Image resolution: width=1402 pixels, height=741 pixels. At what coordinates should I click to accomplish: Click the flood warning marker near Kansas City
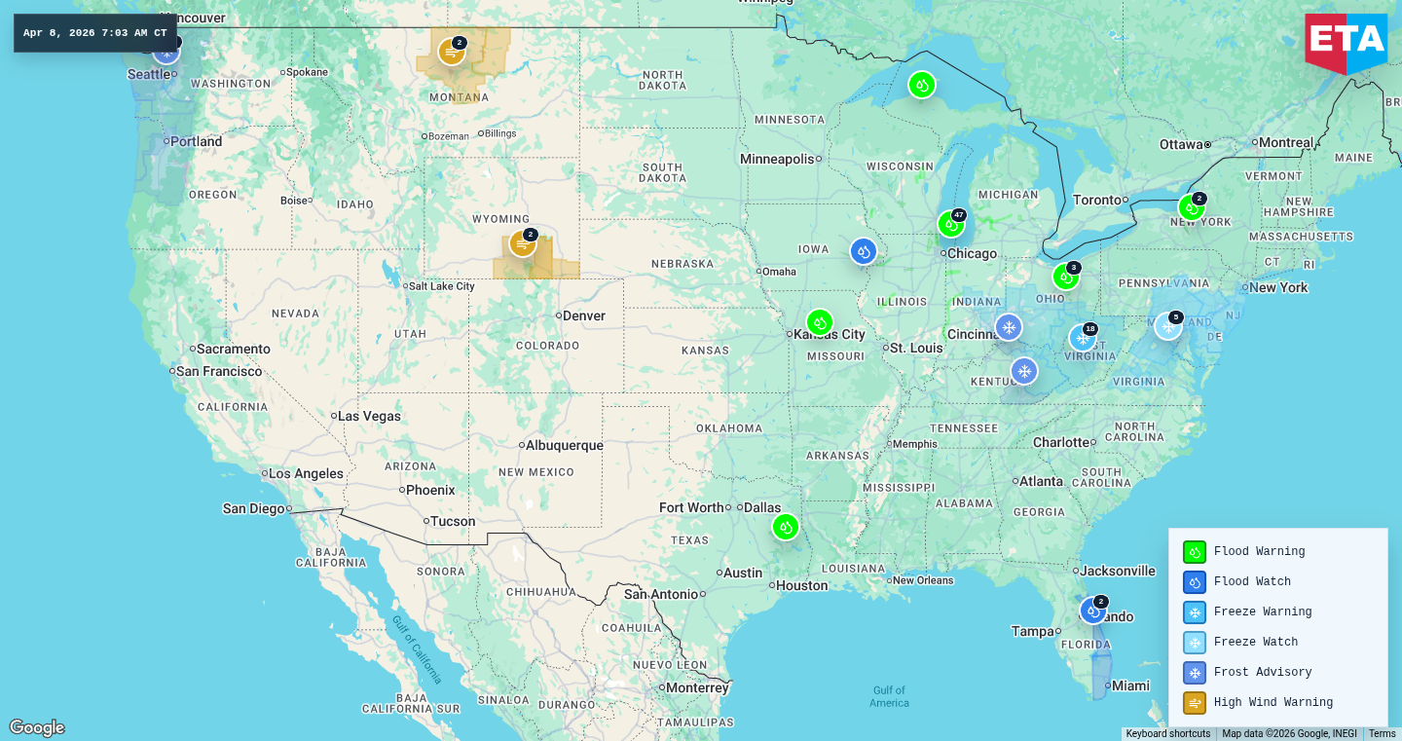(820, 322)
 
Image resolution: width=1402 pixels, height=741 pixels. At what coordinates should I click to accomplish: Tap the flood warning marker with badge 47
(950, 224)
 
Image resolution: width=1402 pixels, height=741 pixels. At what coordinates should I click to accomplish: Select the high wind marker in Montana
(451, 52)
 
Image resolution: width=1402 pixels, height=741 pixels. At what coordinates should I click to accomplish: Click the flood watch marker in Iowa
(863, 251)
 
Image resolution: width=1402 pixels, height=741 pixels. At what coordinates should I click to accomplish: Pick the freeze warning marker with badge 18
(1082, 338)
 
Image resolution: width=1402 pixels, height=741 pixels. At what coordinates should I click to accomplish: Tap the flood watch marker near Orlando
(1092, 611)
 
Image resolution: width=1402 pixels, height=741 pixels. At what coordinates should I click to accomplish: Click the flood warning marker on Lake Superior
(921, 85)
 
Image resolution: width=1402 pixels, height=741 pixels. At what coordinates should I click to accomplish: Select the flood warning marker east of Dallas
(785, 527)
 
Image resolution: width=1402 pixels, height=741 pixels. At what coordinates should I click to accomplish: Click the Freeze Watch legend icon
(1194, 643)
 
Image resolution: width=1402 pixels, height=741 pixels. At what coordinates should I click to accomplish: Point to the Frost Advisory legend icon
(1194, 673)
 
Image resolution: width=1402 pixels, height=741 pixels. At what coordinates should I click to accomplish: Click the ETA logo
(1346, 42)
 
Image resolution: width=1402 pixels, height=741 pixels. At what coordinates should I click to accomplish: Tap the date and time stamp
(95, 33)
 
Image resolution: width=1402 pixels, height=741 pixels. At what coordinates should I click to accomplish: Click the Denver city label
(584, 316)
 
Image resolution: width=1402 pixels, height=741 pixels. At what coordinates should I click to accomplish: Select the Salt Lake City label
(441, 286)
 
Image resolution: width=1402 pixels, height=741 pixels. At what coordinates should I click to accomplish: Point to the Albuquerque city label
(565, 446)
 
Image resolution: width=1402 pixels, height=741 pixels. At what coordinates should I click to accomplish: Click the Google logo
(37, 727)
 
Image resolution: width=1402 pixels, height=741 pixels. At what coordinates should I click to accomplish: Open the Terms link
(1382, 734)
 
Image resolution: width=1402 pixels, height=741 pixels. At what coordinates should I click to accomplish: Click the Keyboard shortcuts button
(1167, 734)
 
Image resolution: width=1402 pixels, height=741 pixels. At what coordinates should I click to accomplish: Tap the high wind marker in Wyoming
(522, 243)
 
